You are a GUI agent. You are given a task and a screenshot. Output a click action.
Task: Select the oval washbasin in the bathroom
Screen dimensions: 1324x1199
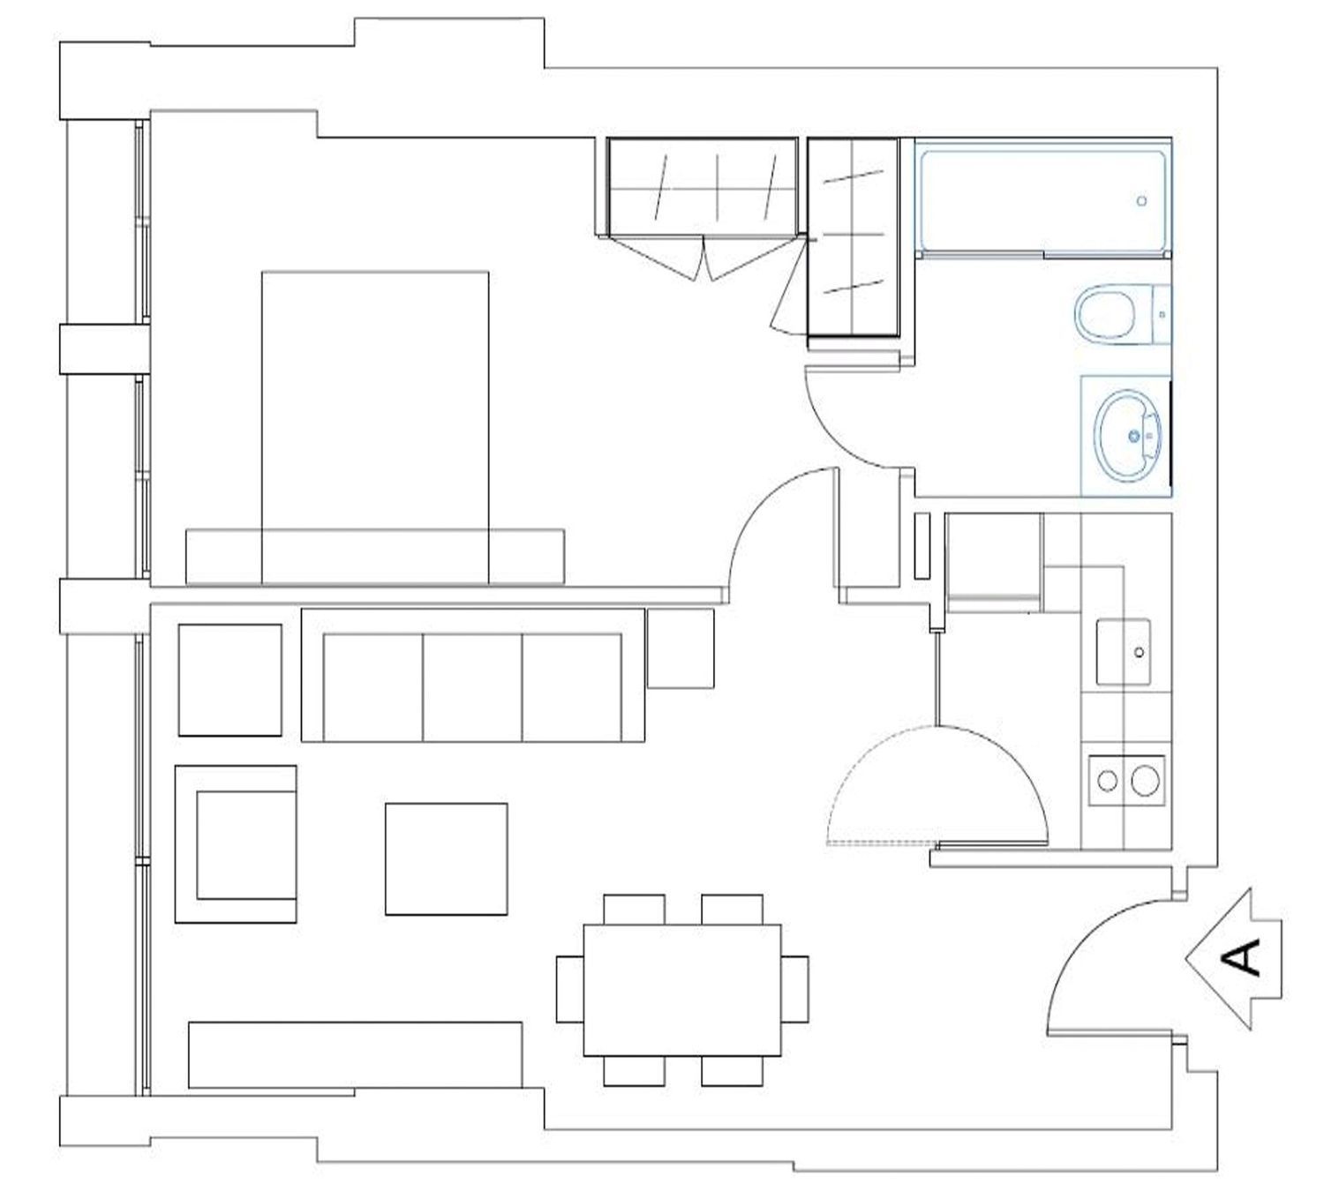pyautogui.click(x=1128, y=436)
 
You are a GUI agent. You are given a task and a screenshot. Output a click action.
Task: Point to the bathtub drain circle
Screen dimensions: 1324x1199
pyautogui.click(x=1142, y=200)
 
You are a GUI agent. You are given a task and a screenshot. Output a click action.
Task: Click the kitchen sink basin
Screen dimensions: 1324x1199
pyautogui.click(x=1124, y=652)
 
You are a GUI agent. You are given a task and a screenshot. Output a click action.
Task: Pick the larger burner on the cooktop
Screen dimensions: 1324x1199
pyautogui.click(x=1145, y=781)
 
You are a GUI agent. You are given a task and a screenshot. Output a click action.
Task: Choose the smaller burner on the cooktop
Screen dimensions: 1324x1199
pyautogui.click(x=1108, y=781)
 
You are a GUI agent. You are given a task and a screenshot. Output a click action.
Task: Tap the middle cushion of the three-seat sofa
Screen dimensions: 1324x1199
pyautogui.click(x=472, y=687)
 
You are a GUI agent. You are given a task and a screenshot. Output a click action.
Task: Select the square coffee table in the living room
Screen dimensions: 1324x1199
pyautogui.click(x=446, y=859)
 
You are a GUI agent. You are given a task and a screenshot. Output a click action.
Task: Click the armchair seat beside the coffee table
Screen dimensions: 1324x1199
pyautogui.click(x=246, y=844)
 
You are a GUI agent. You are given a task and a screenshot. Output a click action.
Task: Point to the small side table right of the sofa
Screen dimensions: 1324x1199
pyautogui.click(x=681, y=648)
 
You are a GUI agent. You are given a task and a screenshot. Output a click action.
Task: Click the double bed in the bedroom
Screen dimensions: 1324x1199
pyautogui.click(x=375, y=428)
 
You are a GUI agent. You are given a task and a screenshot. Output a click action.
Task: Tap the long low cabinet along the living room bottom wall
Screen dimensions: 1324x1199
pyautogui.click(x=355, y=1055)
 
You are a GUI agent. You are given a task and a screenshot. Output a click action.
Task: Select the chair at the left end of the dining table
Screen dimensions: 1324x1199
pyautogui.click(x=570, y=989)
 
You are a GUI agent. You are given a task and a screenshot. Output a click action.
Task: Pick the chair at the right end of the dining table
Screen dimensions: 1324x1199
pyautogui.click(x=794, y=989)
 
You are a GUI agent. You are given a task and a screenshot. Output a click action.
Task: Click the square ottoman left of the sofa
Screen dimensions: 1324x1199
pyautogui.click(x=230, y=679)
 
